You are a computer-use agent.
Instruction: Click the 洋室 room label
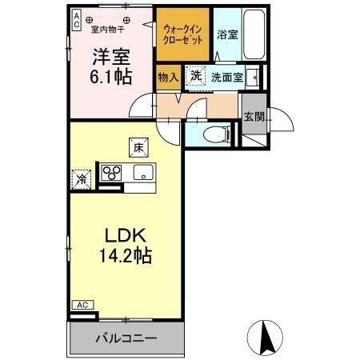tap(110, 58)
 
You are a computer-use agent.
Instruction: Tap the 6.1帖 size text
tap(110, 78)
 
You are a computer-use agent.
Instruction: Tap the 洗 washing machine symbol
tap(196, 77)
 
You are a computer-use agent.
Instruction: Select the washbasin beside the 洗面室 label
tap(252, 78)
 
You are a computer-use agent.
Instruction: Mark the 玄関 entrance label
tap(254, 117)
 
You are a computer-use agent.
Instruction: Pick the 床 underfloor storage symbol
tap(138, 146)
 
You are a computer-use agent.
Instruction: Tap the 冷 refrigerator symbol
tap(82, 179)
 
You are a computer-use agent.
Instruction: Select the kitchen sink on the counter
tap(145, 173)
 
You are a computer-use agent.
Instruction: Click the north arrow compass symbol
tap(269, 336)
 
